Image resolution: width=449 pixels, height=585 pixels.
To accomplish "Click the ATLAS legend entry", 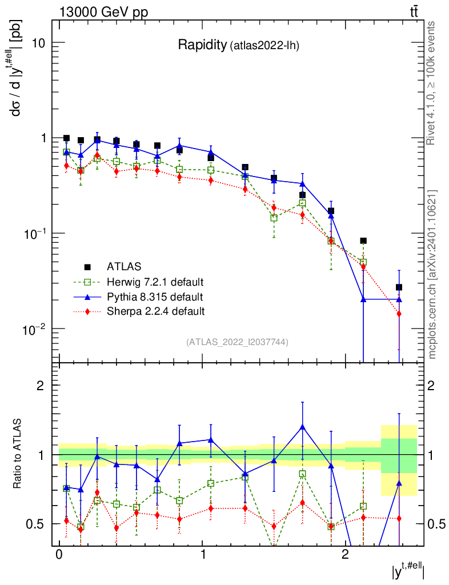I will click(124, 267).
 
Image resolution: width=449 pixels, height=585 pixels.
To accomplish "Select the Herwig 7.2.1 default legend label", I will click(155, 282).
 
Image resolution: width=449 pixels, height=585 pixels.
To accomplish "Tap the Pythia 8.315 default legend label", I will click(154, 297).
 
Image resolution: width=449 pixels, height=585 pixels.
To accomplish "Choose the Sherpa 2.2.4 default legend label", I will click(155, 311).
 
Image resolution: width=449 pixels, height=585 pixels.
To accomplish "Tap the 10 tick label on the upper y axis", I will click(38, 43).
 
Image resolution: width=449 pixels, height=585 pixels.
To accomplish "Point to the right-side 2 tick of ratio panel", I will click(431, 386).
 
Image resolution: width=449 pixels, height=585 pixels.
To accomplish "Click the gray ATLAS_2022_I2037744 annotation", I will click(237, 342).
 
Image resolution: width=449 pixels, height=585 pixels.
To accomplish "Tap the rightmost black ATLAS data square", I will click(399, 287).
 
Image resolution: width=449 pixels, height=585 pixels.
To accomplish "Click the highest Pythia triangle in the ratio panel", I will click(302, 427).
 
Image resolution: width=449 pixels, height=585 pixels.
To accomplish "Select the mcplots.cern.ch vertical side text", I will click(433, 274).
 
